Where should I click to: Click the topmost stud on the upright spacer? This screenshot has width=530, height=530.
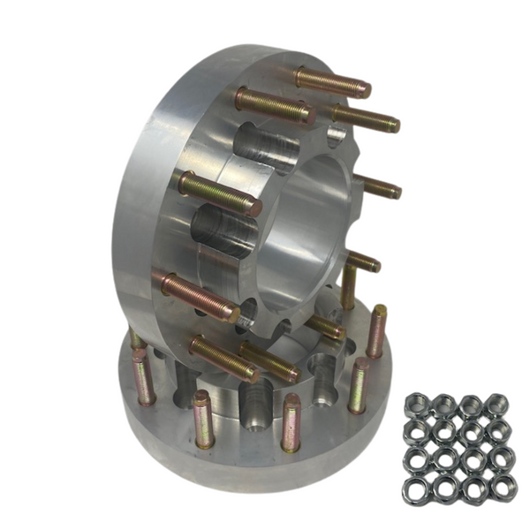(x=332, y=82)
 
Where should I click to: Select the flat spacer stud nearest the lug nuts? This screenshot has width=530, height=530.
(x=359, y=385)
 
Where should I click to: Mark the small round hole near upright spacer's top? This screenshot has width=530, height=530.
(x=336, y=134)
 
